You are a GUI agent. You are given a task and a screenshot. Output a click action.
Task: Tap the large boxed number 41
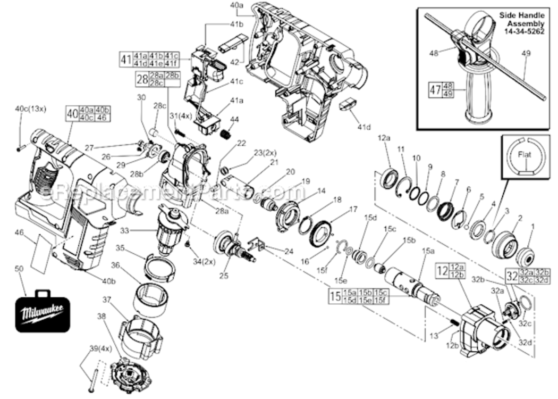tap(125, 59)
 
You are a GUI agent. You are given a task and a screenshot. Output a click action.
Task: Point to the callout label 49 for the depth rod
tap(526, 53)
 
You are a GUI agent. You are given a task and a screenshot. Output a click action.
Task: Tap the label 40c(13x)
tap(30, 109)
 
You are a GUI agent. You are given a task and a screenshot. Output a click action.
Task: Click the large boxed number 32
tap(512, 276)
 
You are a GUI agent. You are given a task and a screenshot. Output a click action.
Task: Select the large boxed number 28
tap(141, 80)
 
